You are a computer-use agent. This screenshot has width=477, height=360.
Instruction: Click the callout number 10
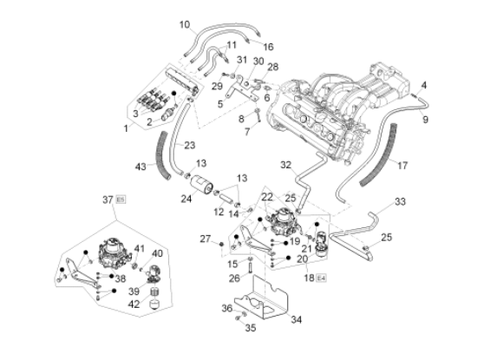pyautogui.click(x=185, y=24)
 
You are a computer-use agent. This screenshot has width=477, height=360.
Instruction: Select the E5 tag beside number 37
pyautogui.click(x=121, y=200)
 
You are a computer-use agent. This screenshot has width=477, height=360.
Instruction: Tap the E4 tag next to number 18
pyautogui.click(x=321, y=278)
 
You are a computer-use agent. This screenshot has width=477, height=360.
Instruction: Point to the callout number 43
pyautogui.click(x=140, y=167)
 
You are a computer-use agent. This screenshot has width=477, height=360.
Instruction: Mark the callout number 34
pyautogui.click(x=297, y=319)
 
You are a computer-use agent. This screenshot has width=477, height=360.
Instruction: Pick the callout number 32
pyautogui.click(x=286, y=165)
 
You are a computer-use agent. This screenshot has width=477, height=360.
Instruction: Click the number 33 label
pyautogui.click(x=400, y=201)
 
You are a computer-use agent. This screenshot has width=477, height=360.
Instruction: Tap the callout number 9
pyautogui.click(x=425, y=120)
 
